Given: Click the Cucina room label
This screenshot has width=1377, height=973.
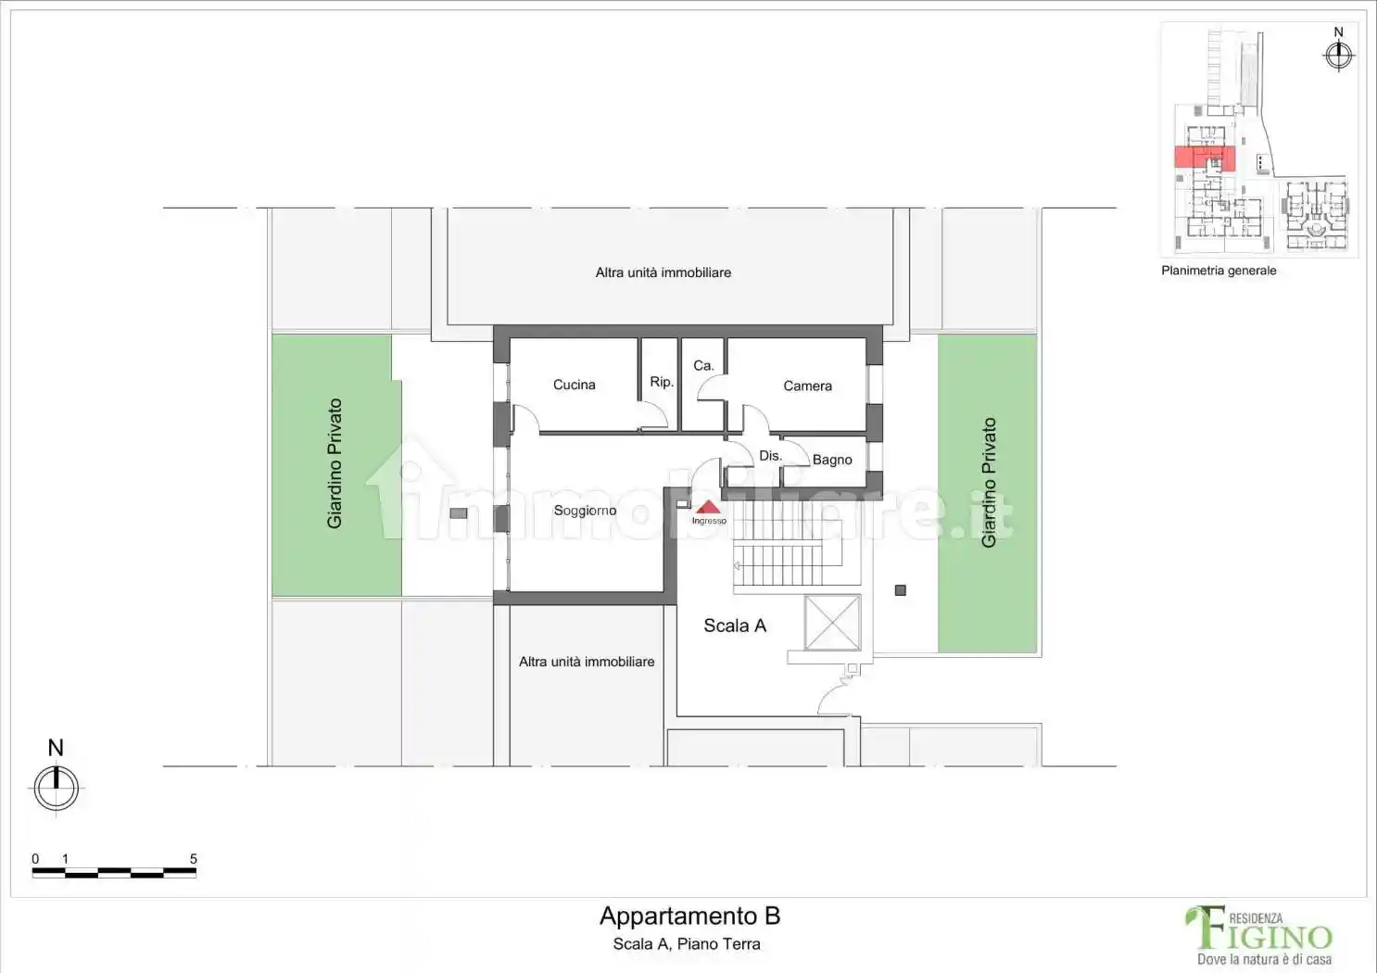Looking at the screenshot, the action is click(575, 385).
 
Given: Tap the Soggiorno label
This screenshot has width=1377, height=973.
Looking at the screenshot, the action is click(585, 511).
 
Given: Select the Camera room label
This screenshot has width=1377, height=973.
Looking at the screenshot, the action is click(807, 386).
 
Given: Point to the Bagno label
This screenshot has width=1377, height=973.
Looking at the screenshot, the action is click(832, 460).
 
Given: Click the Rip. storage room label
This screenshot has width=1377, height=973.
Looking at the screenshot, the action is click(662, 382).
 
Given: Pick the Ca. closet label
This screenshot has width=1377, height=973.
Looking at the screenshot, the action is click(704, 366).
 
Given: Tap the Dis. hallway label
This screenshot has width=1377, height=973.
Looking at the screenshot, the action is click(770, 456).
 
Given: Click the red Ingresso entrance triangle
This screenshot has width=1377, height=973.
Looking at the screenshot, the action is click(708, 507).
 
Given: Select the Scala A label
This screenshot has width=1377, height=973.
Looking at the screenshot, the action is click(735, 625).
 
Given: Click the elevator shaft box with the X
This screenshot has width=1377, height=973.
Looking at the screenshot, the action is click(832, 622).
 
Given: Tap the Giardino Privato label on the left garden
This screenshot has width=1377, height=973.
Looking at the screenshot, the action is click(335, 463).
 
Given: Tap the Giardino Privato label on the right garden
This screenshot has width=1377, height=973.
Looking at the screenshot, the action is click(989, 483).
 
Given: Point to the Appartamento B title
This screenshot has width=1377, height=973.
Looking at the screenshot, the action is click(689, 916).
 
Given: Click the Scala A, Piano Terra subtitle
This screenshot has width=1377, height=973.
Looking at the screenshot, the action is click(687, 944).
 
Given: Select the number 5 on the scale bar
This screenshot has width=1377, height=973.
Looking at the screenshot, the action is click(193, 859).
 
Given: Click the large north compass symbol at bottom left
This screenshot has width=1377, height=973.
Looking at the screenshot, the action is click(56, 788).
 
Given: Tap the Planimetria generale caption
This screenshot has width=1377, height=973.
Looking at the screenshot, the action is click(1219, 271).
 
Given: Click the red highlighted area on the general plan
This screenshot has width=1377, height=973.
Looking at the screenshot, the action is click(1205, 158).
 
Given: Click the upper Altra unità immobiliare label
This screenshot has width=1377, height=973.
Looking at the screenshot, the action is click(663, 272).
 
